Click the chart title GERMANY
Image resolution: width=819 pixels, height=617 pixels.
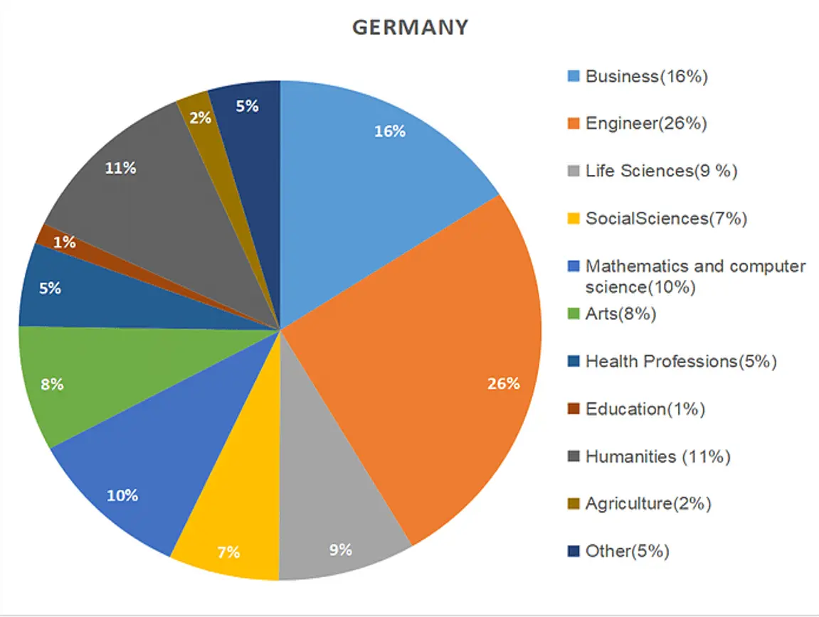(x=411, y=28)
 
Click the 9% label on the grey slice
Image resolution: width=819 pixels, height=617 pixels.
(x=341, y=549)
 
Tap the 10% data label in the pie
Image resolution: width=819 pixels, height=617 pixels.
(x=122, y=495)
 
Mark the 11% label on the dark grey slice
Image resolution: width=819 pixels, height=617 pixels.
(x=120, y=168)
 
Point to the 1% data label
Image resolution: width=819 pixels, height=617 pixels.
(x=65, y=242)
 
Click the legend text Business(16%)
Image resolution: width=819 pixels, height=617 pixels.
(x=646, y=77)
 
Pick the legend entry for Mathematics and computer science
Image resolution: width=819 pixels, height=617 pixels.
(x=695, y=277)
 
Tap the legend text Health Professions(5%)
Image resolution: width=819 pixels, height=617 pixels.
(x=680, y=361)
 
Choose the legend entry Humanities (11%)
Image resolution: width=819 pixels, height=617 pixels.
(x=657, y=456)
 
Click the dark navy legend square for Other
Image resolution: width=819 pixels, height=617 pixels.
(x=574, y=551)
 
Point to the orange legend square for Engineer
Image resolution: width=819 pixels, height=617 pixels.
(x=574, y=124)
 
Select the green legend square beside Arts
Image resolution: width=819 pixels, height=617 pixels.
(x=574, y=314)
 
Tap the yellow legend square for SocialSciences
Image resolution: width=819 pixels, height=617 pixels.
(x=574, y=219)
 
